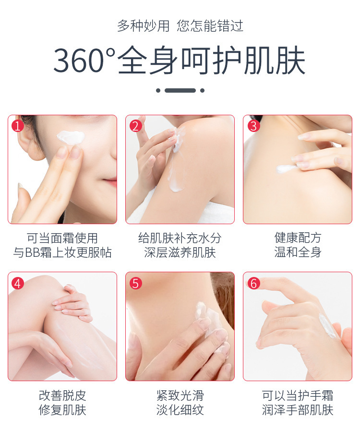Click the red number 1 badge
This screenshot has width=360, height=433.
tap(18, 126)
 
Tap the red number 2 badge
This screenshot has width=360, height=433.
tap(135, 126)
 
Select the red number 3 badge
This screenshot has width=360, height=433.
tap(253, 126)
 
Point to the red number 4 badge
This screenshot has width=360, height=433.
tap(18, 283)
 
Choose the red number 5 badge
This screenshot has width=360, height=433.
tap(135, 283)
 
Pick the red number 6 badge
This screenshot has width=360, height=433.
tap(253, 283)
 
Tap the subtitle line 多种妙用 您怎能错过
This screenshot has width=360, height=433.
tap(180, 26)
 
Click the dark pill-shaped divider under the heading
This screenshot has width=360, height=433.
tap(180, 90)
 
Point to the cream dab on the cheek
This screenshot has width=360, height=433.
tap(71, 137)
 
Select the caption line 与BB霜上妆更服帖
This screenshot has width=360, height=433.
tap(62, 253)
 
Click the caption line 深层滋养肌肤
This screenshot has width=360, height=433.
tap(180, 253)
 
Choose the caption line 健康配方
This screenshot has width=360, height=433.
tap(298, 238)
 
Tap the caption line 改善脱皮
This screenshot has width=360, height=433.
tap(62, 396)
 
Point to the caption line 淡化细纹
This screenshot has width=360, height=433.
tap(180, 410)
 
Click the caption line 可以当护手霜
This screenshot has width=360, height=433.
tap(298, 396)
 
